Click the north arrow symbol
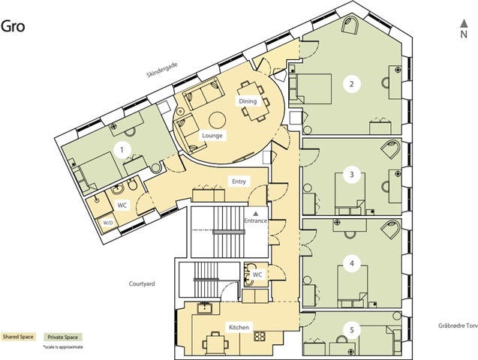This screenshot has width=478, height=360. (464, 23)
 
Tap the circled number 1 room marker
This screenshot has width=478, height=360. (122, 150)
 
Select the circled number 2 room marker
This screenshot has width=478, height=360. (351, 84)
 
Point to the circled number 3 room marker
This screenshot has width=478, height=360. (352, 175)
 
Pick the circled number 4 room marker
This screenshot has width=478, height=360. (352, 263)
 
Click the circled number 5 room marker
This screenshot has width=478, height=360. (352, 330)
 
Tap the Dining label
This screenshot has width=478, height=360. (248, 101)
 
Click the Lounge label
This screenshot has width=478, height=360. (212, 136)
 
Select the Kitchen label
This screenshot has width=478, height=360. (239, 328)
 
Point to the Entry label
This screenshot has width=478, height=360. (239, 181)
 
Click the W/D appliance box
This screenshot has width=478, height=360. (108, 223)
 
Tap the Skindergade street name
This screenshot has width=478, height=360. (162, 70)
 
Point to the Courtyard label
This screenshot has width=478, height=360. (142, 283)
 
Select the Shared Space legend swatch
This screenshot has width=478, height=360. (18, 337)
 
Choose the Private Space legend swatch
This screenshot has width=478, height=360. (62, 337)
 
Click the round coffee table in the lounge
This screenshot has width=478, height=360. (218, 120)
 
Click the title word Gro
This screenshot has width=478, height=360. (13, 26)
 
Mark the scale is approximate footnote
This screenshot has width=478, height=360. (63, 347)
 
